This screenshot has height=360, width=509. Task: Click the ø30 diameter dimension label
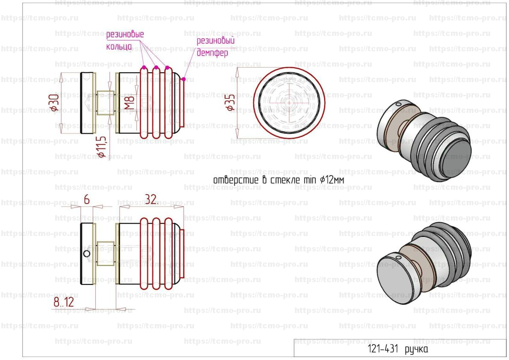55,102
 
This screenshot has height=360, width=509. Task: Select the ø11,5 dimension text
102,147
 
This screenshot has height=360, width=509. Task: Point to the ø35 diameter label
231,103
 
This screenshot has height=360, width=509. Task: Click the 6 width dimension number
87,199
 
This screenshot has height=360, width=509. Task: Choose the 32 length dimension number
151,199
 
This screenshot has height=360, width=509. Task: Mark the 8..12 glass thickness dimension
64,302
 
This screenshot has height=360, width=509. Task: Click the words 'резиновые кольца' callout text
125,40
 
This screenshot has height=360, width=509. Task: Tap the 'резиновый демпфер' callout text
215,47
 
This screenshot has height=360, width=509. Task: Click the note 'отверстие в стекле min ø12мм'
279,180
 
